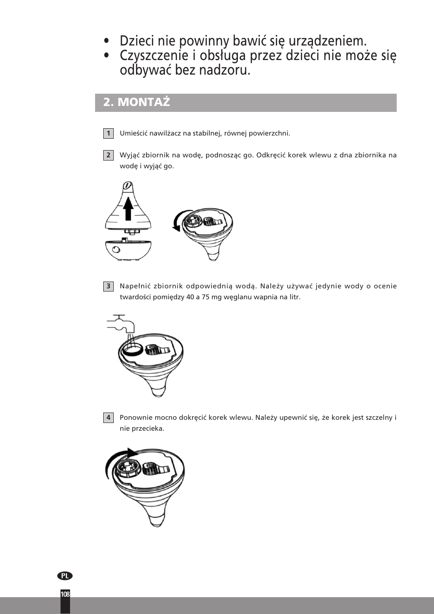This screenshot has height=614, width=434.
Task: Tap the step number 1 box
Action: pyautogui.click(x=108, y=133)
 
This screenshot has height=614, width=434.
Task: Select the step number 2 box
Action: pyautogui.click(x=108, y=155)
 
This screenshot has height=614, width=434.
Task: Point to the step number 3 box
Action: pyautogui.click(x=108, y=286)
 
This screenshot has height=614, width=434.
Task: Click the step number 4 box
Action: pyautogui.click(x=108, y=418)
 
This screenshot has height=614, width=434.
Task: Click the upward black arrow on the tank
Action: pyautogui.click(x=128, y=209)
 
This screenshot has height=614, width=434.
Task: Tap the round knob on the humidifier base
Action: pyautogui.click(x=116, y=250)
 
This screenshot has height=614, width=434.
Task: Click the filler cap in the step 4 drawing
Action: pyautogui.click(x=128, y=467)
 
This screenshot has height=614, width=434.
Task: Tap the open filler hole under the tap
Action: pyautogui.click(x=131, y=349)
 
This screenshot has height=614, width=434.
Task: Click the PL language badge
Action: pyautogui.click(x=65, y=576)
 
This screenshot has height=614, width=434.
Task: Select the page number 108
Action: pyautogui.click(x=65, y=594)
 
